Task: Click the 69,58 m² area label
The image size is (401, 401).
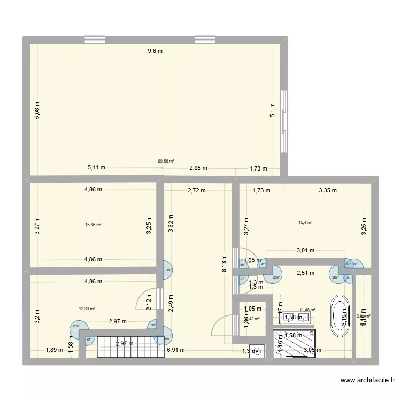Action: point(166,160)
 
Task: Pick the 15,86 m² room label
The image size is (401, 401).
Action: point(93,225)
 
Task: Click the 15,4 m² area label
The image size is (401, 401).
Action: point(306,222)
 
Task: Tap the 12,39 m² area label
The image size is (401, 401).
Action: point(87,308)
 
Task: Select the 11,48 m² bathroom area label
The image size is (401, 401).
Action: point(307,309)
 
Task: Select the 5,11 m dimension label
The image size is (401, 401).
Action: point(96,167)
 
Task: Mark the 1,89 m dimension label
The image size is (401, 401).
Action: point(54,350)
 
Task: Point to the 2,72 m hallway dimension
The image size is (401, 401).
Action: point(197,190)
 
